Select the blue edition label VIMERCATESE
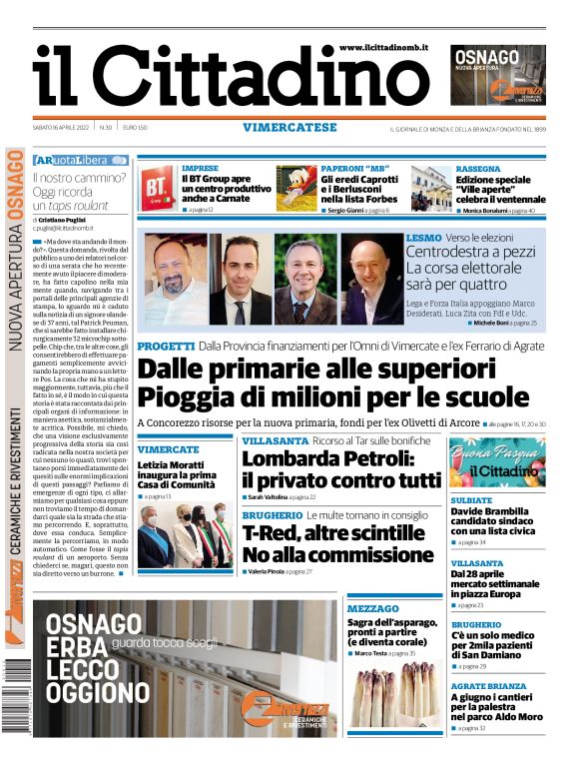(x=289, y=127)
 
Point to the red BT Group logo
(x=158, y=187)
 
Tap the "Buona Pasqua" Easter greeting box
(x=496, y=462)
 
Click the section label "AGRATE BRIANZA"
(x=488, y=686)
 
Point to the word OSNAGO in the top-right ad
(x=486, y=57)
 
